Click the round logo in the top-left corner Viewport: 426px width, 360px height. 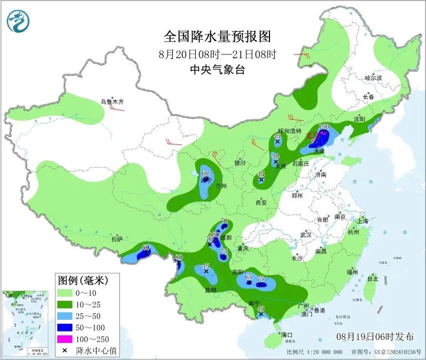tap(18, 21)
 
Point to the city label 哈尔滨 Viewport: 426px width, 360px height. tap(373, 78)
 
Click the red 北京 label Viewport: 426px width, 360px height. tap(313, 135)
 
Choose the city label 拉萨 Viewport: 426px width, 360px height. tap(117, 240)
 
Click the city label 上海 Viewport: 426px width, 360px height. tap(363, 221)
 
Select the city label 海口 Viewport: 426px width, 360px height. tap(286, 334)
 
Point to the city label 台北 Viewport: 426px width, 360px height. tap(372, 279)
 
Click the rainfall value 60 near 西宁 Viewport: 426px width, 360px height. tap(205, 173)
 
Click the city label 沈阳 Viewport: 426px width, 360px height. tap(359, 119)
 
